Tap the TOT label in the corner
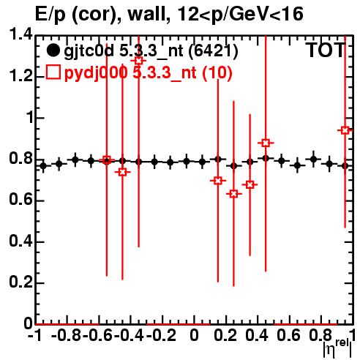tap(326, 50)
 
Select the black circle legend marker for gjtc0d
tap(53, 50)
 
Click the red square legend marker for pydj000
tap(53, 72)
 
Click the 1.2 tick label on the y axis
tap(20, 75)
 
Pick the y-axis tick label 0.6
tap(20, 200)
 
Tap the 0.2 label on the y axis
tap(20, 282)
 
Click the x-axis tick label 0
tap(194, 335)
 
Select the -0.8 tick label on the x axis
tap(66, 335)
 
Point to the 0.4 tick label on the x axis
tap(257, 335)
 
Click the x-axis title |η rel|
tap(337, 349)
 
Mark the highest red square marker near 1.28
tap(138, 61)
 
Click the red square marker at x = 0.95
tap(345, 130)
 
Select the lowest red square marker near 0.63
tap(233, 194)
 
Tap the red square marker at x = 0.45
tap(266, 143)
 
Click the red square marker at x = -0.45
tap(122, 172)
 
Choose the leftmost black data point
tap(43, 166)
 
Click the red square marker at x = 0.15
tap(218, 181)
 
